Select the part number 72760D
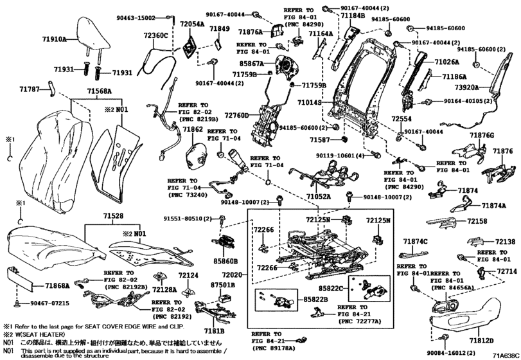(x=238, y=115)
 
